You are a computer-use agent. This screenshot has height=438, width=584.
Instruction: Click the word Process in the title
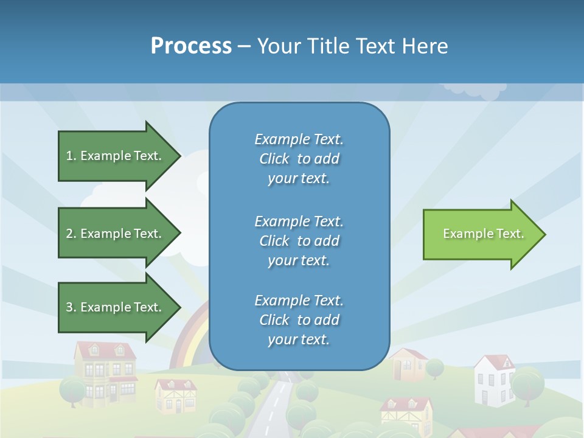click(x=191, y=46)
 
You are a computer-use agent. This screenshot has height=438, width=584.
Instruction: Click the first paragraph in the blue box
click(x=299, y=159)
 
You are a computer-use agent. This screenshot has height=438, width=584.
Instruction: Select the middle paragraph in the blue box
click(x=299, y=241)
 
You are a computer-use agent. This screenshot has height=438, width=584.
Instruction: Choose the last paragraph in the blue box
click(x=299, y=320)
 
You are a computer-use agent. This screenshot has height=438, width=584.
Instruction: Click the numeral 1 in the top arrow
click(x=69, y=156)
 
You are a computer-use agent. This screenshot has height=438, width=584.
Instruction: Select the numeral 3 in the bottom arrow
click(x=69, y=307)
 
